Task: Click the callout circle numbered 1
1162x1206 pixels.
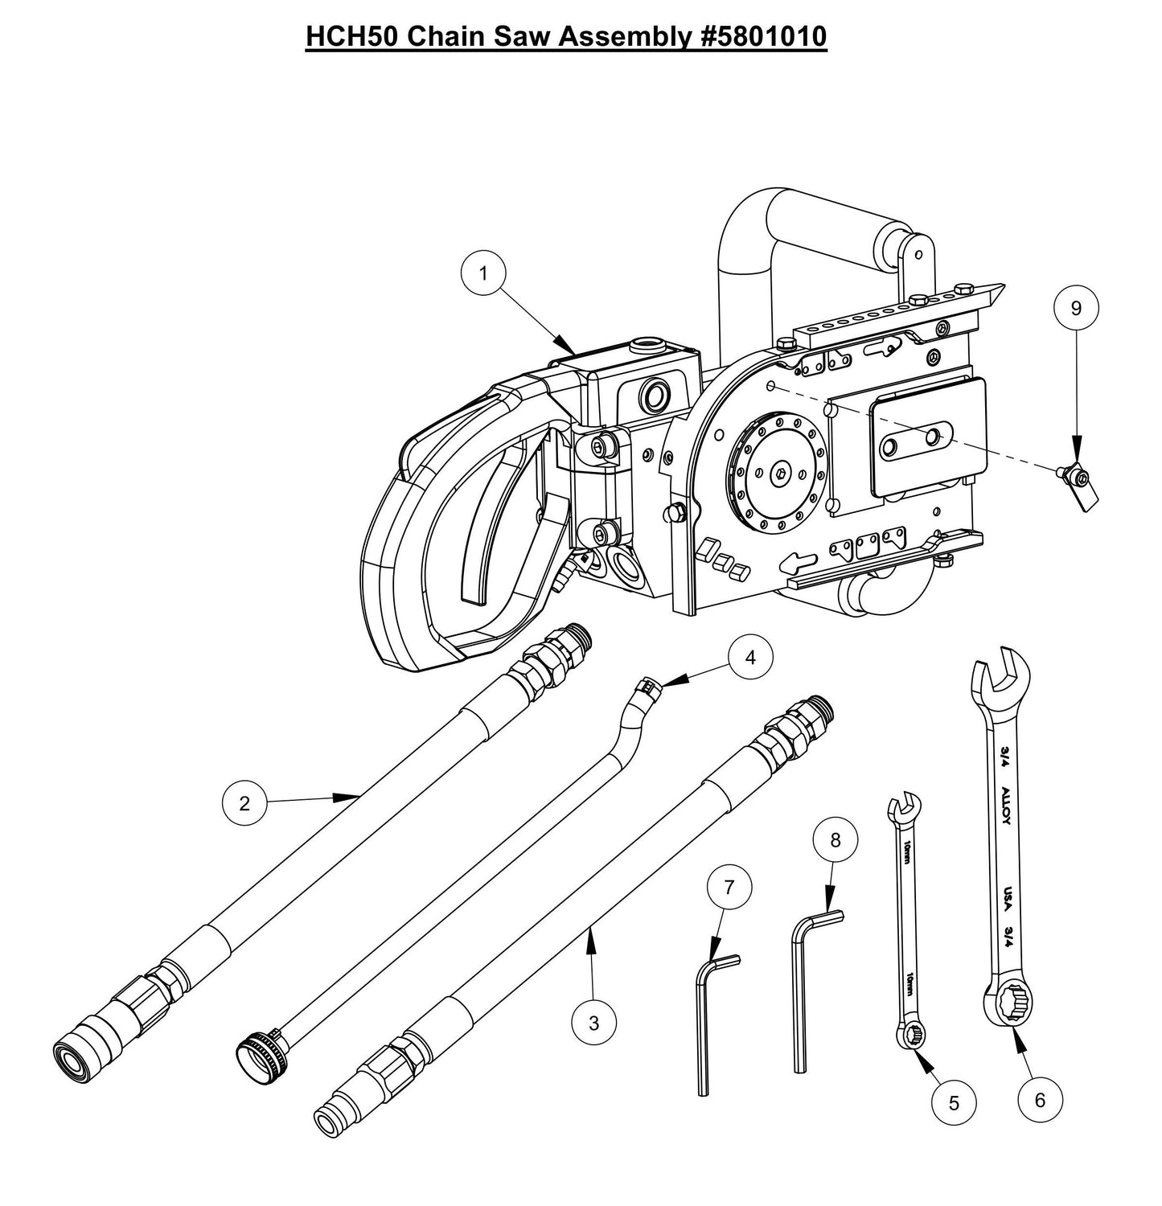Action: pos(483,273)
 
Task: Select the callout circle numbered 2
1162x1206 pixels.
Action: pos(244,803)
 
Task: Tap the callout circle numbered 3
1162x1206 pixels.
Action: pos(593,1023)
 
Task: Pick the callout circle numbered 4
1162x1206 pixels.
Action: pos(749,657)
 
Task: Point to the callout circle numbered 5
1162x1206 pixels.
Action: pos(954,1103)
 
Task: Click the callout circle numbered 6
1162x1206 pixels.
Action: pos(1040,1099)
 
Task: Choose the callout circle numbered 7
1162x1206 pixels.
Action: pos(729,888)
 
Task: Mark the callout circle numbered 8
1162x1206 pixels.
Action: pos(835,840)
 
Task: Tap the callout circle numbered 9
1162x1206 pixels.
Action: pos(1077,307)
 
